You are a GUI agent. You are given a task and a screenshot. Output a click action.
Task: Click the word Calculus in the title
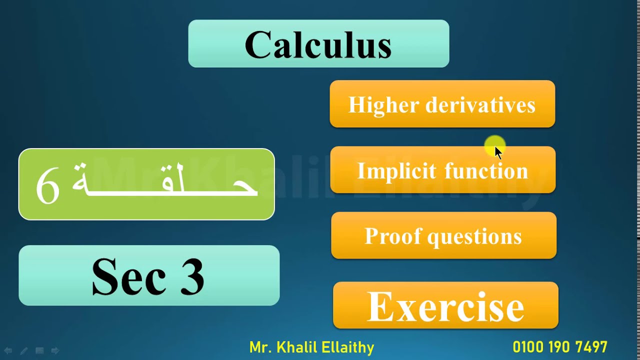[x=318, y=45]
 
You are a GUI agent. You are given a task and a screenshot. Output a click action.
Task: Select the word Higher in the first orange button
[x=382, y=105]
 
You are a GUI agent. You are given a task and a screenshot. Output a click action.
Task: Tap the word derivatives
[x=480, y=105]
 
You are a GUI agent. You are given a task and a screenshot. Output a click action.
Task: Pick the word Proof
[x=392, y=236]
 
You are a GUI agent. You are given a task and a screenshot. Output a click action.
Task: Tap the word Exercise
[x=445, y=306]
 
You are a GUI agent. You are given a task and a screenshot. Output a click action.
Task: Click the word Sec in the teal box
[x=128, y=276]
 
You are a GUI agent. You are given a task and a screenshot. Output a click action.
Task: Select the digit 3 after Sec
[x=192, y=276]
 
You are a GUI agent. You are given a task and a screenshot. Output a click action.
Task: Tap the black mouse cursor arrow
[x=498, y=152]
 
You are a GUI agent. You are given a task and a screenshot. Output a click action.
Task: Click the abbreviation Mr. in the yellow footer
[x=260, y=347]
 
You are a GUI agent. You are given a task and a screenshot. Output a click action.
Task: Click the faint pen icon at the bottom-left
[x=23, y=351]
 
